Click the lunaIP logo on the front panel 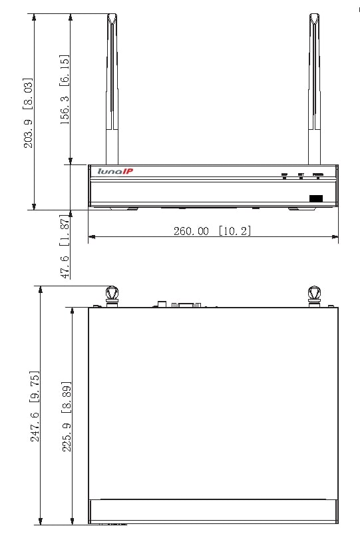pyautogui.click(x=115, y=172)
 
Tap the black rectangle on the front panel pyautogui.click(x=315, y=198)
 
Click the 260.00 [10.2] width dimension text pyautogui.click(x=212, y=231)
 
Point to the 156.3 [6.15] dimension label pyautogui.click(x=65, y=89)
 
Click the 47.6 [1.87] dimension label pyautogui.click(x=65, y=246)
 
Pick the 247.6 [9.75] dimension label pyautogui.click(x=35, y=407)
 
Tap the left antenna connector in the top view pyautogui.click(x=112, y=294)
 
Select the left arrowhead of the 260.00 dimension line pyautogui.click(x=91, y=236)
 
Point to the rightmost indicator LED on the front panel pyautogui.click(x=318, y=178)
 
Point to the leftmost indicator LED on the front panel pyautogui.click(x=284, y=178)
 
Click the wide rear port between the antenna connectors pyautogui.click(x=186, y=305)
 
